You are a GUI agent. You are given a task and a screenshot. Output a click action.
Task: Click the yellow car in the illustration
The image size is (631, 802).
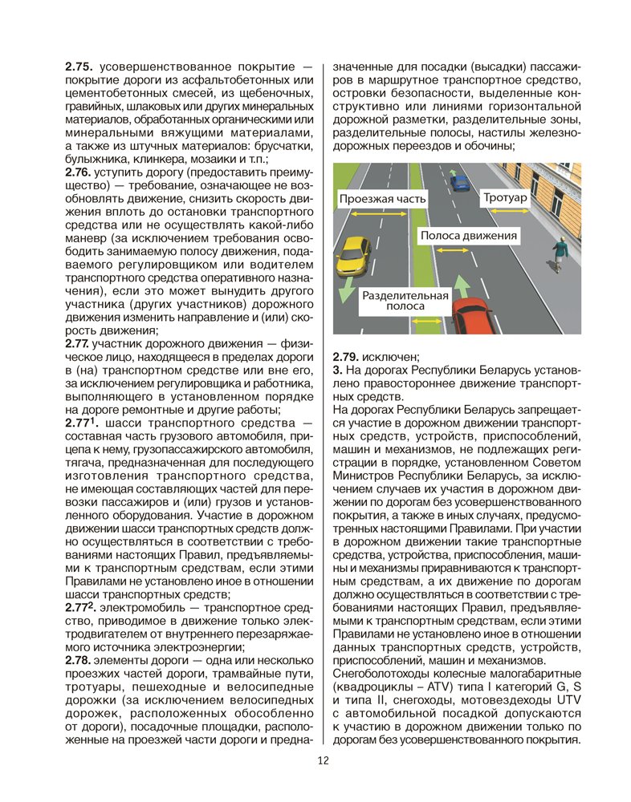click(x=353, y=254)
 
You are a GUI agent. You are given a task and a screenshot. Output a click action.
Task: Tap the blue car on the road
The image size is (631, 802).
click(x=458, y=182)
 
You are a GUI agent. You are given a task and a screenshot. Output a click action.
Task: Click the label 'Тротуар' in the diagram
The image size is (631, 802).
click(x=505, y=197)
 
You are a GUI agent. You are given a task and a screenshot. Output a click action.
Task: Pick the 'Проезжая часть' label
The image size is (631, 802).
click(x=382, y=197)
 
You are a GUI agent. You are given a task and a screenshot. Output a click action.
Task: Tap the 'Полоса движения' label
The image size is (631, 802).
click(x=469, y=236)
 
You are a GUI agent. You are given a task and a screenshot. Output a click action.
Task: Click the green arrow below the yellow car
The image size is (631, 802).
click(x=345, y=290)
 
